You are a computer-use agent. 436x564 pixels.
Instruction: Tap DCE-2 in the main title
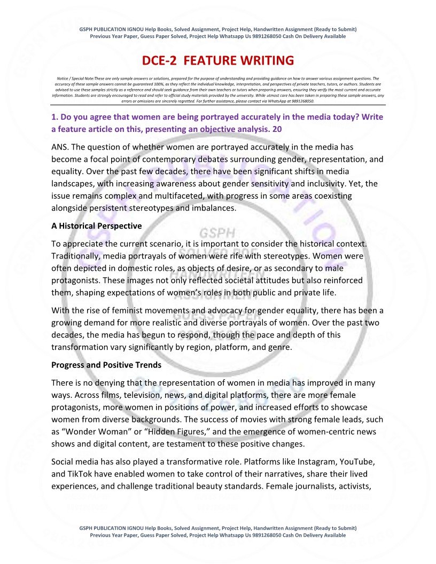(162, 60)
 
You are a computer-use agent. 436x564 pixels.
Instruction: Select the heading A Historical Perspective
(97, 226)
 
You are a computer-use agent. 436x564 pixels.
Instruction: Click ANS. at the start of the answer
(61, 146)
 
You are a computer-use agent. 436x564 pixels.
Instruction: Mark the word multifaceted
(174, 195)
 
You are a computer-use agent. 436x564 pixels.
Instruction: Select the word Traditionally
(76, 256)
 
